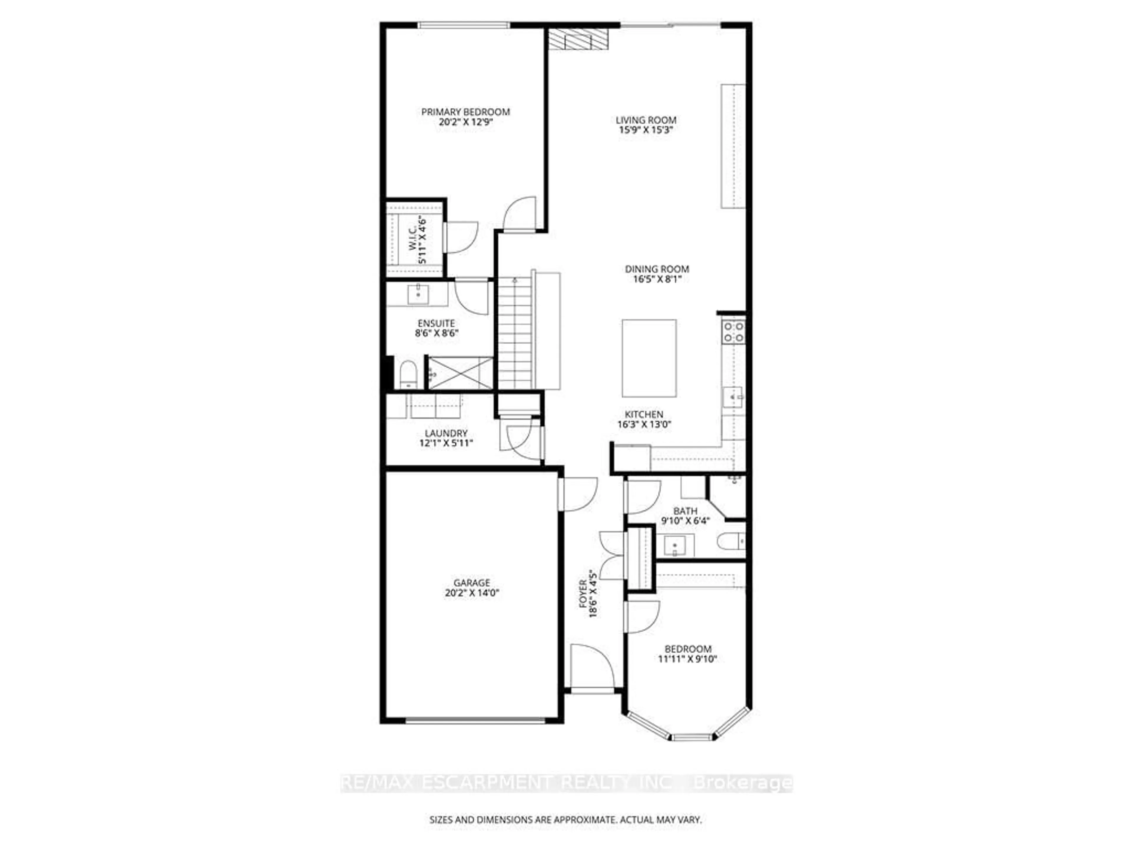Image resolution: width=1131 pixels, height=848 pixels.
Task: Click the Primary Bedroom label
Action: point(465,112)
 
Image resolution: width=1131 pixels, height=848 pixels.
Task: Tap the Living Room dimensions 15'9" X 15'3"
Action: point(646,130)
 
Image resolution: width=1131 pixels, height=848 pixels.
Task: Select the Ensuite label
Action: point(436,324)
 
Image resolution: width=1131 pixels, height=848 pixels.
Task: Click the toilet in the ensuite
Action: point(408,375)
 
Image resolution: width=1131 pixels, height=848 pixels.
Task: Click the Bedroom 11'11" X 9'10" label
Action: point(688,654)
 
